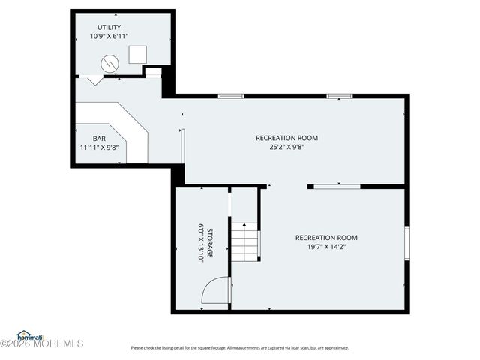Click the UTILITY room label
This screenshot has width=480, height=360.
109,27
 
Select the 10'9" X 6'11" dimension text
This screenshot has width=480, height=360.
109,36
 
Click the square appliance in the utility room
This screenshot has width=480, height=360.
137,55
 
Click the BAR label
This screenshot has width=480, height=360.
99,139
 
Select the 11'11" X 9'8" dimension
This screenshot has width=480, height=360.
99,148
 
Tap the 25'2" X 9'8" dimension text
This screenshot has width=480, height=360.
286,147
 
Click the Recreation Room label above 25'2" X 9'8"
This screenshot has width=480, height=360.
286,138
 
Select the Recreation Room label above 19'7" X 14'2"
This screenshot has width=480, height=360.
326,238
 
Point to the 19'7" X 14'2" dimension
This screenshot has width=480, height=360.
326,247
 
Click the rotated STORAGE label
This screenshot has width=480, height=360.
211,243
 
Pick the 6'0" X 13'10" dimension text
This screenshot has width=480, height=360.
201,243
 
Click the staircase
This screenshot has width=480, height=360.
244,242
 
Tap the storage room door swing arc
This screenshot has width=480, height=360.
215,289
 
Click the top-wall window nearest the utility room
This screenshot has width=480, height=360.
230,96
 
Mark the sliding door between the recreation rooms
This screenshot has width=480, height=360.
337,186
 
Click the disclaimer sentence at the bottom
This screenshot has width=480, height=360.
240,347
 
